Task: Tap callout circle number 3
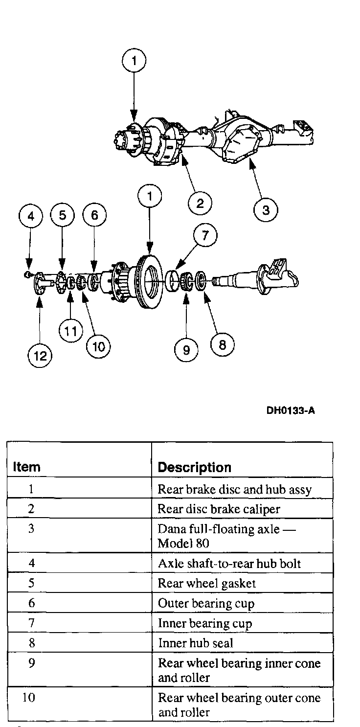pyautogui.click(x=266, y=210)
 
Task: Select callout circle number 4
pyautogui.click(x=31, y=216)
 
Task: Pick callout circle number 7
pyautogui.click(x=205, y=236)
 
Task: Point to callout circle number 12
pyautogui.click(x=40, y=356)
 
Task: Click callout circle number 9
pyautogui.click(x=186, y=350)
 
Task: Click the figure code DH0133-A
pyautogui.click(x=291, y=410)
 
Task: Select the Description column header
pyautogui.click(x=194, y=467)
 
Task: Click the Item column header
pyautogui.click(x=26, y=467)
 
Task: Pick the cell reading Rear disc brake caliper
pyautogui.click(x=219, y=509)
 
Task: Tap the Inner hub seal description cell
pyautogui.click(x=195, y=643)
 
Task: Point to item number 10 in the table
pyautogui.click(x=29, y=697)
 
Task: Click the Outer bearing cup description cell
pyautogui.click(x=206, y=604)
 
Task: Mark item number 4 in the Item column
pyautogui.click(x=31, y=563)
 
